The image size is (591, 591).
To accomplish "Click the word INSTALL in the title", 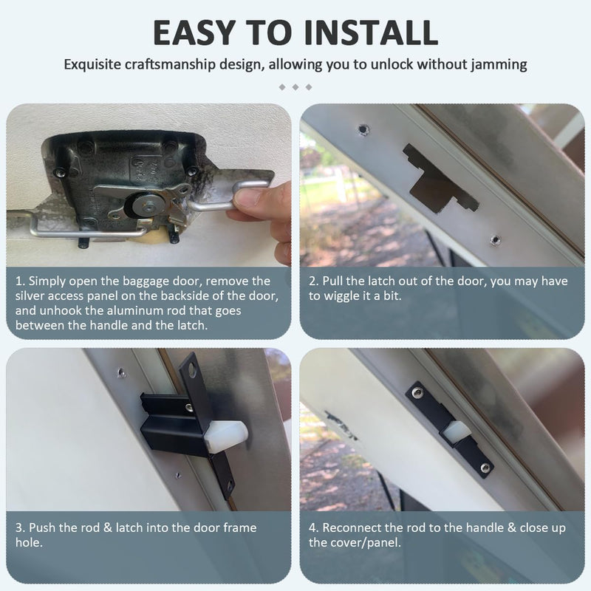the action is pos(371,33).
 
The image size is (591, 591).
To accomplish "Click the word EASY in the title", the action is pos(195,33).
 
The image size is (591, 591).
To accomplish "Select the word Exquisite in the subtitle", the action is pos(92,65).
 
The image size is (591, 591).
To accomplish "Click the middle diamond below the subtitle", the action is pos(295,87).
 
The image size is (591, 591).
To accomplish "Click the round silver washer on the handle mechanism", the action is pos(145,205).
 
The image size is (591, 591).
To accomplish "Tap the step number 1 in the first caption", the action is pos(19,281).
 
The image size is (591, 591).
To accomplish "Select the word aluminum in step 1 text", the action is pos(146,311).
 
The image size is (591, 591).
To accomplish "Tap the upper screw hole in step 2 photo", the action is pos(363,129).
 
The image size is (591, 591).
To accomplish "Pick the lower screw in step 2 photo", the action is pos(495,239).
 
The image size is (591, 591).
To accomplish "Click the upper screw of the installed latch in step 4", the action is pos(417,393).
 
